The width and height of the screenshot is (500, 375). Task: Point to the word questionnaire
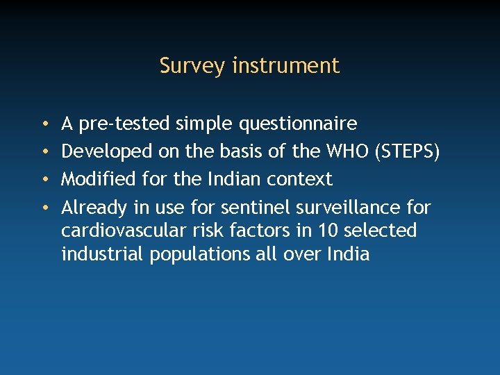point(298,124)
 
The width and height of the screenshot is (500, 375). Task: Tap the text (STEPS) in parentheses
point(407,152)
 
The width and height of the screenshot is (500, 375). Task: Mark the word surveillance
point(349,207)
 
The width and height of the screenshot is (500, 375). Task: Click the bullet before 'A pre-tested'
point(44,125)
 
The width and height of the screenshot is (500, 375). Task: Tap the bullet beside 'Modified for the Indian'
point(44,180)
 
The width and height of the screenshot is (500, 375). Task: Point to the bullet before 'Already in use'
point(44,208)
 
